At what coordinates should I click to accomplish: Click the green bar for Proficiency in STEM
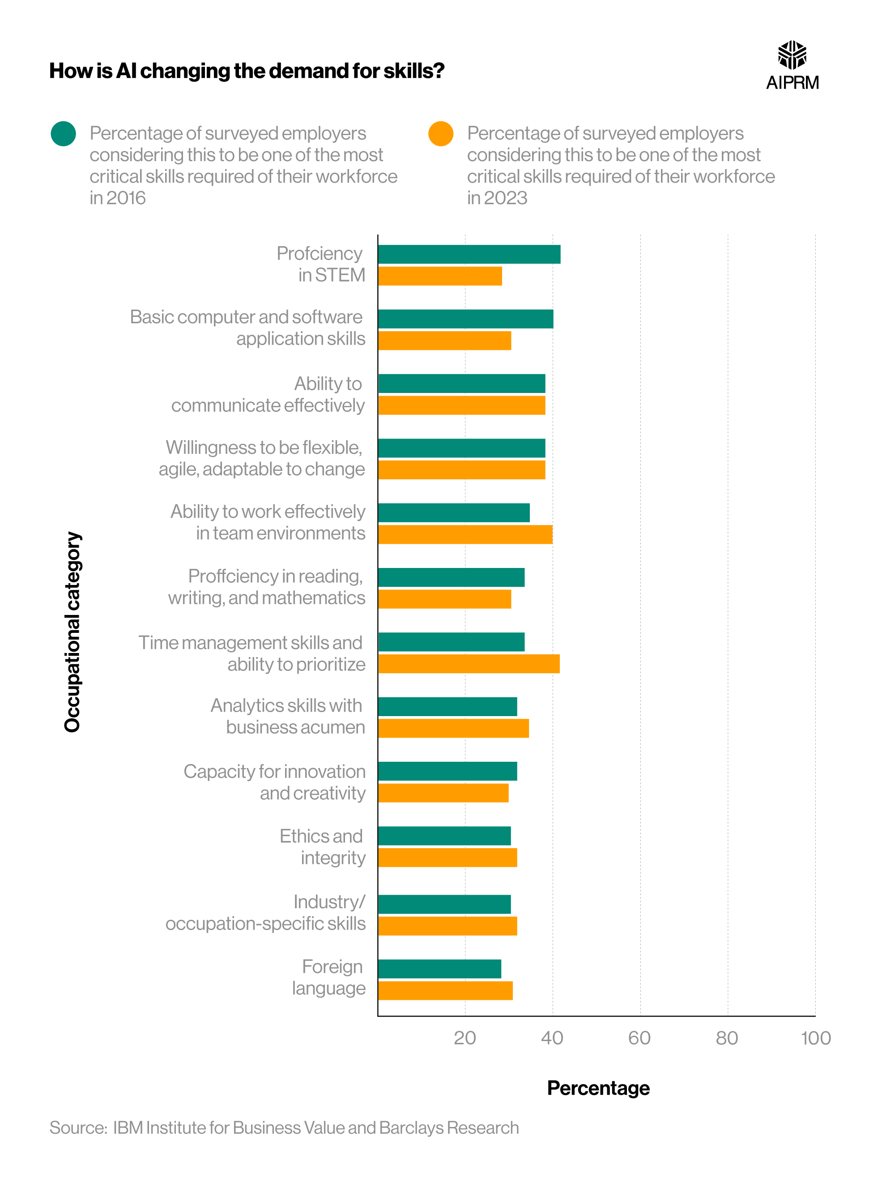pos(469,254)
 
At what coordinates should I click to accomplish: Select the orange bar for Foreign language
pos(445,990)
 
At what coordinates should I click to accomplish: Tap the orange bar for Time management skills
pos(469,664)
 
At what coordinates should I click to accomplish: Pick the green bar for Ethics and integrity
pos(444,836)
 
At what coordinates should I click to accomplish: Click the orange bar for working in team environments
pos(465,534)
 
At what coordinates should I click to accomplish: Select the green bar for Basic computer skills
pos(465,319)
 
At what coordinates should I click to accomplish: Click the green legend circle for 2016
pos(64,134)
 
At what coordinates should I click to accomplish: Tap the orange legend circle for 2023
pos(441,134)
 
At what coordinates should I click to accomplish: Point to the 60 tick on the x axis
pos(639,1038)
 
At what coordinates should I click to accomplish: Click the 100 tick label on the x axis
pos(815,1038)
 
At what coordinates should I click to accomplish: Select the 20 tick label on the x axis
pos(465,1038)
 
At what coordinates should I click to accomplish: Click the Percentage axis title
pos(598,1088)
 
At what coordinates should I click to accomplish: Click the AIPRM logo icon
pos(792,55)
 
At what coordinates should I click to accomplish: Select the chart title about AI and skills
pos(247,71)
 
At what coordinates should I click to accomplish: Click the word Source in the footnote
pos(78,1128)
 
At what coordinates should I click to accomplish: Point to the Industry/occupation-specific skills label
pos(265,913)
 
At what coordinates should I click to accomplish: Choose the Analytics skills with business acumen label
pos(288,716)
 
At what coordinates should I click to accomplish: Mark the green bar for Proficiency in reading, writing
pos(451,577)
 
